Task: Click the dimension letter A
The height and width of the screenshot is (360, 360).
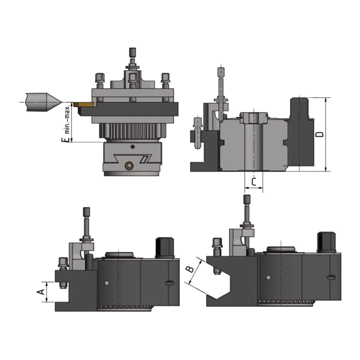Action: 40,292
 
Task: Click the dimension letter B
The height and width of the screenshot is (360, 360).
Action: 190,269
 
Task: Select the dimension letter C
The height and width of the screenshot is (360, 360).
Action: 253,181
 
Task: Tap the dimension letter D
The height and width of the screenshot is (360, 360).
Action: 319,134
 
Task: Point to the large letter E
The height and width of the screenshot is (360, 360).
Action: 65,139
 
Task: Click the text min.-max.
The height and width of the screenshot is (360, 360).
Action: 67,120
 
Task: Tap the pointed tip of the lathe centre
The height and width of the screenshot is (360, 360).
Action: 61,102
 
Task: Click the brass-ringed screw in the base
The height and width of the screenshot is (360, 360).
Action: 129,165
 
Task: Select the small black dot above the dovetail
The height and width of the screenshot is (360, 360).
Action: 132,146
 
